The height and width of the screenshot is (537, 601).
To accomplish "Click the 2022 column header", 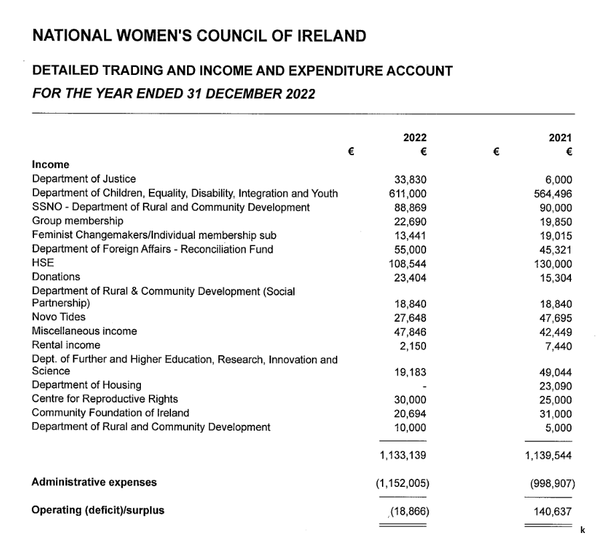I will click(415, 137).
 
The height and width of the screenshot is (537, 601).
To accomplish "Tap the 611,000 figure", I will click(408, 193).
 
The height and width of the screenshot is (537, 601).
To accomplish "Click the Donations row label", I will click(56, 277).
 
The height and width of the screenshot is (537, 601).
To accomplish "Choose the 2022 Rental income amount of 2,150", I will click(413, 345).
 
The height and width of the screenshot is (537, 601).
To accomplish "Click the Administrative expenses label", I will click(94, 482).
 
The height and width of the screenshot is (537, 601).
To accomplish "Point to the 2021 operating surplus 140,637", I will click(554, 511).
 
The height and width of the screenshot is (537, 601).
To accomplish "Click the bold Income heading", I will click(51, 165).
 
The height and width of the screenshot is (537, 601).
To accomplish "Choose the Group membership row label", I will click(77, 221).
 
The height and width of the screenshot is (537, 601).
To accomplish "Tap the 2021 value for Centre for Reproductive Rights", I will click(556, 399).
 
